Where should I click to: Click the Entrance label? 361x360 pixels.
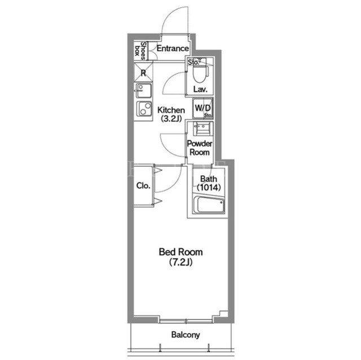[173, 48]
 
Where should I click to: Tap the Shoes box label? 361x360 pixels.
[140, 51]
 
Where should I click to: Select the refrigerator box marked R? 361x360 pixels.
[143, 73]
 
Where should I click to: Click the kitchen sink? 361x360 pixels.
[144, 91]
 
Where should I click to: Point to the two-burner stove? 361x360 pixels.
[144, 109]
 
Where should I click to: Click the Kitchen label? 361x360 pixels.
[171, 110]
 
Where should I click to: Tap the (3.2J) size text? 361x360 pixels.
[171, 119]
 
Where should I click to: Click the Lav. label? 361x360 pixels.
[200, 89]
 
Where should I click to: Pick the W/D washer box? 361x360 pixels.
[202, 108]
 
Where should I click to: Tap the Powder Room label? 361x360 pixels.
[199, 148]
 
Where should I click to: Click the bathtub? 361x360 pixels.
[209, 205]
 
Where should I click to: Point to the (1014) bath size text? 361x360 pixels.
[209, 188]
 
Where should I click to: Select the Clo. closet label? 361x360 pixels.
[143, 185]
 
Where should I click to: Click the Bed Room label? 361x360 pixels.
[180, 252]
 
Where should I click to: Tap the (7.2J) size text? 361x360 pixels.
[180, 262]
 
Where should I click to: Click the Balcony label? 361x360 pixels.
[186, 335]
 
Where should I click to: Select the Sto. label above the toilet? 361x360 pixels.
[193, 63]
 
